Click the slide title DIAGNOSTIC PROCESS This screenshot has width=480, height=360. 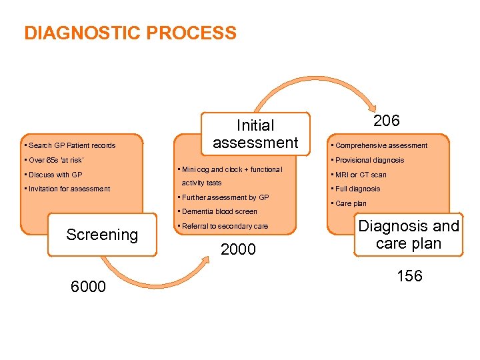(130, 33)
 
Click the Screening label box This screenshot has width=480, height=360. (102, 235)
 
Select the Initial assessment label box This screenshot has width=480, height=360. (255, 134)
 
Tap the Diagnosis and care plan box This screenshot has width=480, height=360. (409, 235)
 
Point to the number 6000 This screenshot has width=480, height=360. (88, 287)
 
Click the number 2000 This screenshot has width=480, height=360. (238, 249)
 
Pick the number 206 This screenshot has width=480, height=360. (386, 121)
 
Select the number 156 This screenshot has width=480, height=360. (409, 276)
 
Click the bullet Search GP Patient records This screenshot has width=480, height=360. (69, 145)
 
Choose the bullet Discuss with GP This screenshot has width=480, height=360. (53, 175)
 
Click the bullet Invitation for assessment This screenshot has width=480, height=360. (67, 189)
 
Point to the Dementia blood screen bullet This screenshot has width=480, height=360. (219, 211)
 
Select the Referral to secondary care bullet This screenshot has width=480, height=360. (225, 226)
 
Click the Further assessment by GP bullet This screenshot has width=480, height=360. (225, 197)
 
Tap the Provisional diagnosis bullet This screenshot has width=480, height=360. (369, 160)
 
